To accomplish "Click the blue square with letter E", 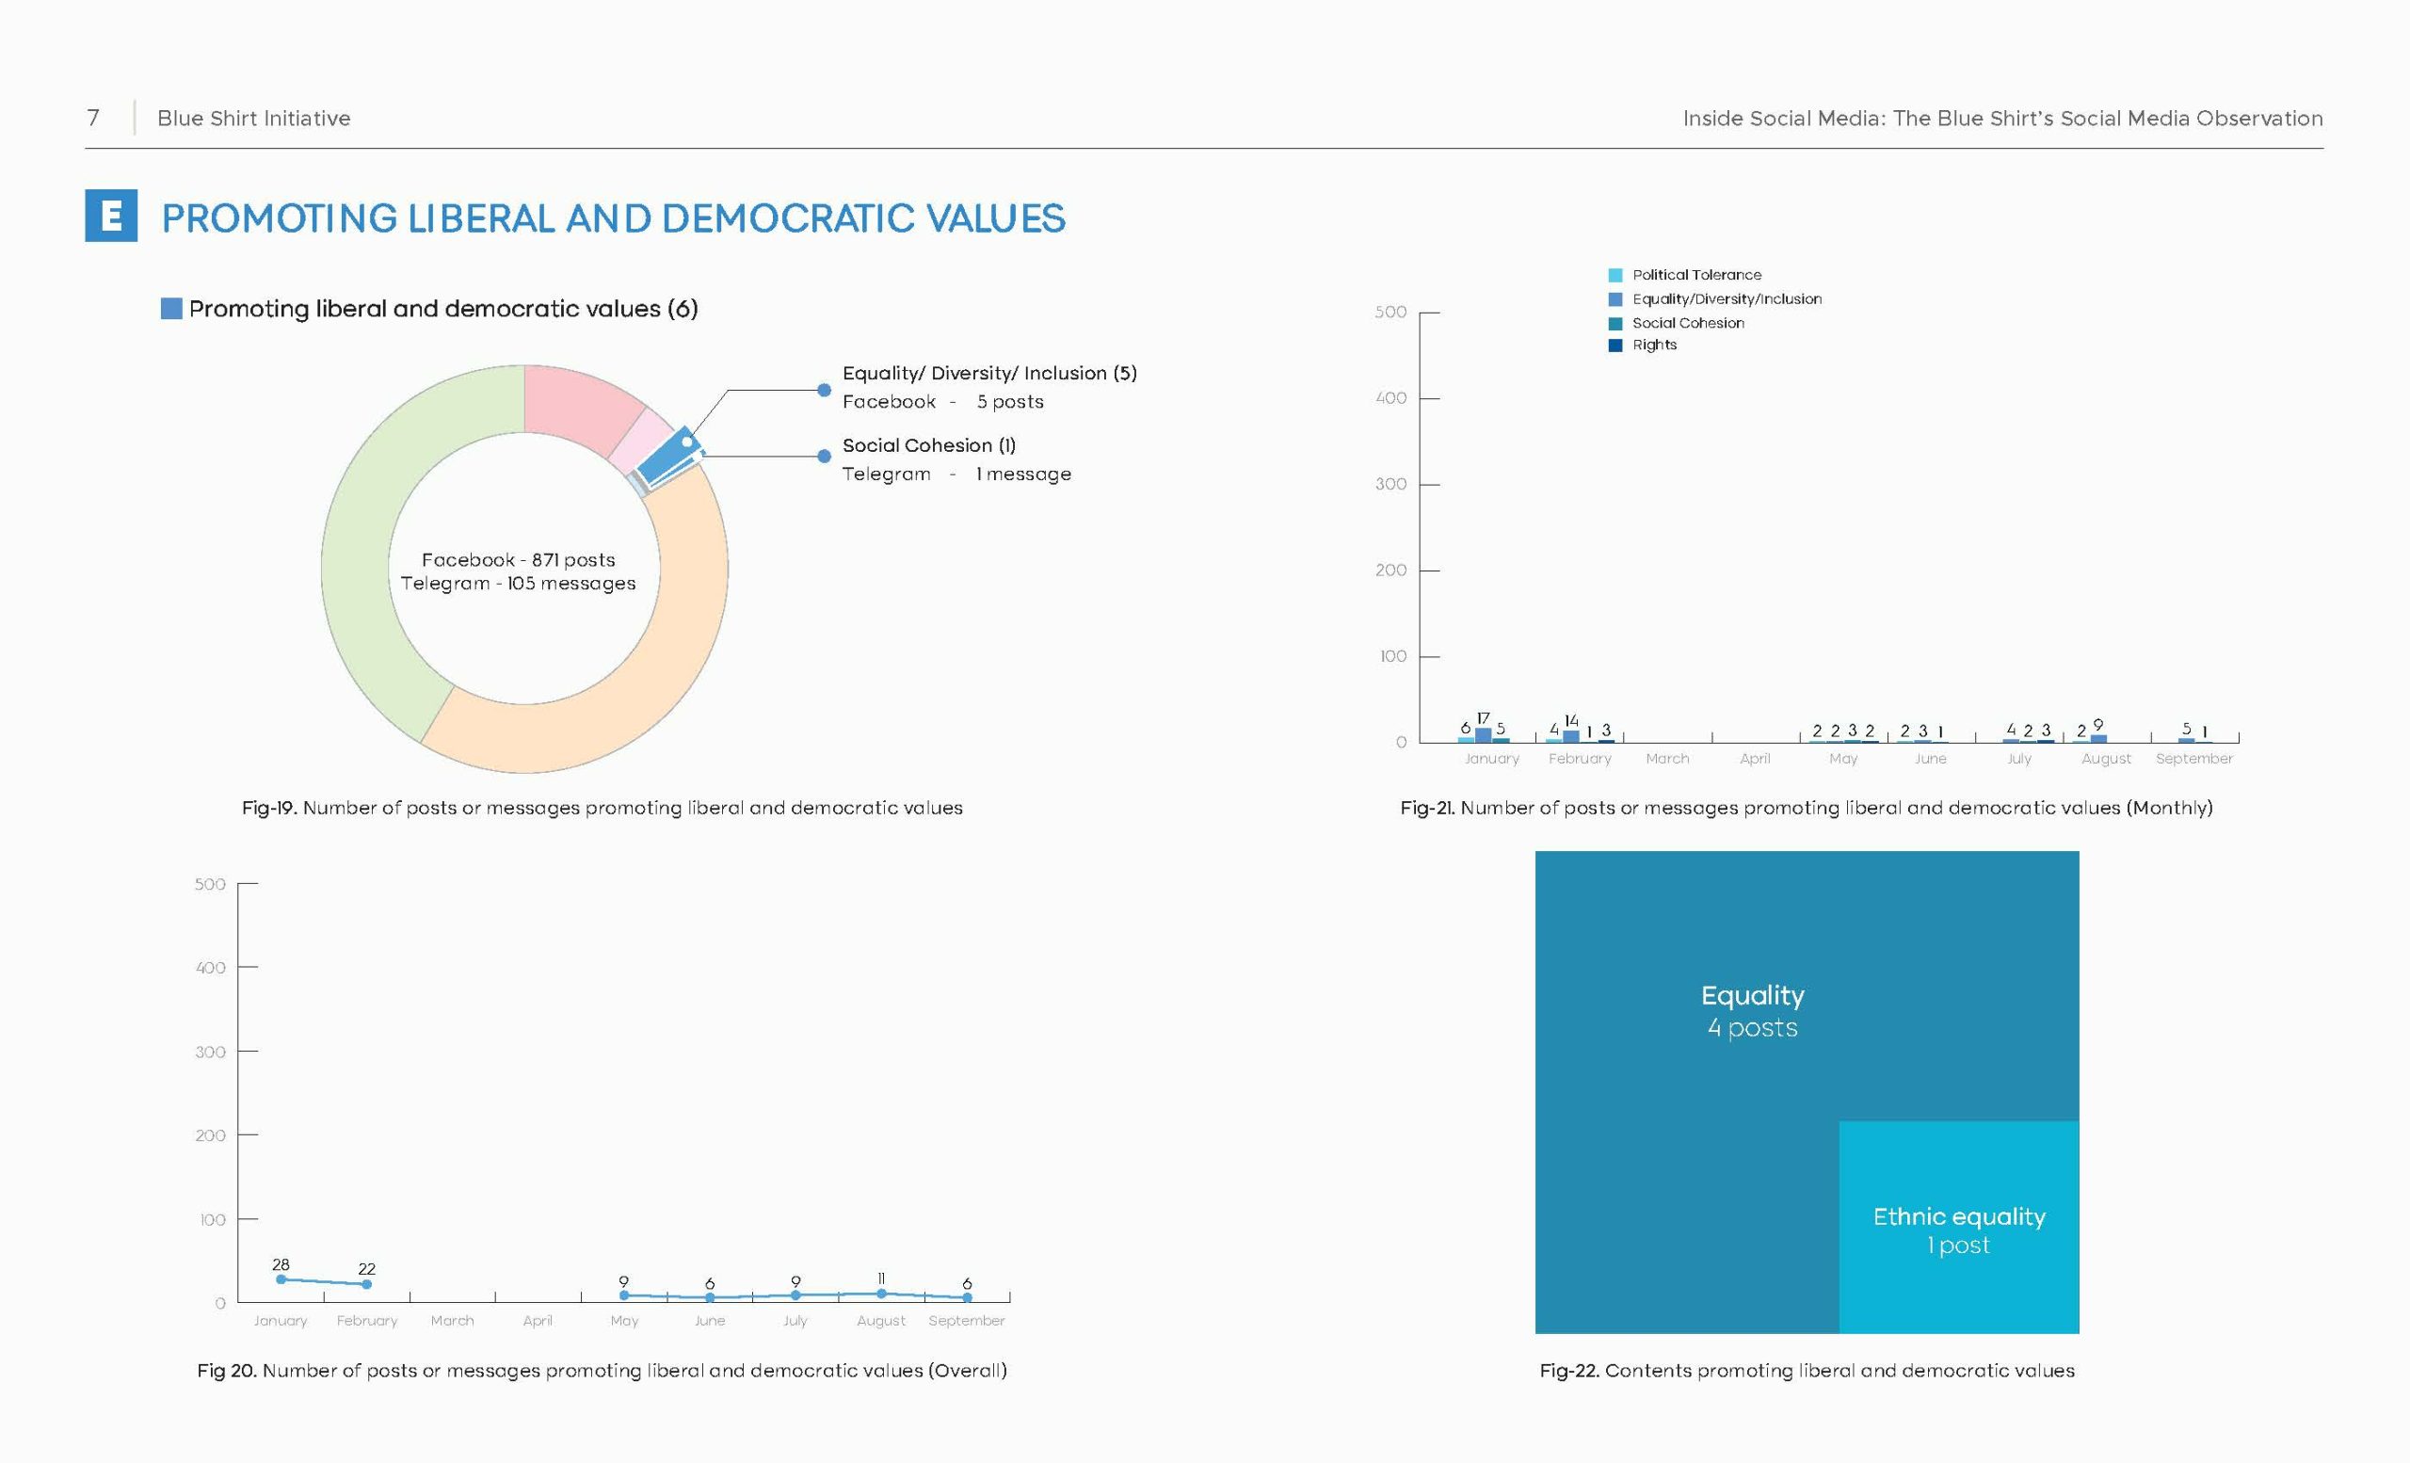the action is (110, 216).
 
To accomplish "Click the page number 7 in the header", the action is (93, 119).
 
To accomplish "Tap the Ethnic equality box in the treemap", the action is (1958, 1228).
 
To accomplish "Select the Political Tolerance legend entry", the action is (1685, 275).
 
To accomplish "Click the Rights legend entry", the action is (1643, 346).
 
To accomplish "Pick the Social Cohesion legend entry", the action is (1677, 323).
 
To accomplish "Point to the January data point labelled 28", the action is (281, 1279).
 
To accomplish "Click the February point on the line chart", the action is (367, 1284).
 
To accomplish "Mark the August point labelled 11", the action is (881, 1293).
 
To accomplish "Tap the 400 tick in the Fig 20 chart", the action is (210, 967).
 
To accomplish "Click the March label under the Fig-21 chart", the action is (1666, 758).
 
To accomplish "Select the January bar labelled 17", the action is (1483, 734).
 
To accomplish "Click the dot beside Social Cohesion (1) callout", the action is (825, 456).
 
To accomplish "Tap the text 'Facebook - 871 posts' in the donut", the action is (519, 559).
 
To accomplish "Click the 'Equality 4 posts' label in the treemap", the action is (1753, 1011).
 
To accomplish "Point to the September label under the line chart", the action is (966, 1320).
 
